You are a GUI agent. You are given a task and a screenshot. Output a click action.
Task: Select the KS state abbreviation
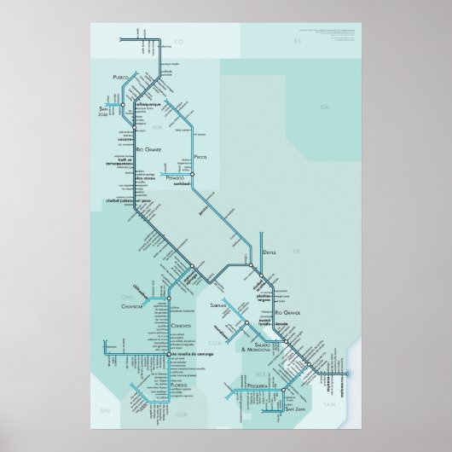298,41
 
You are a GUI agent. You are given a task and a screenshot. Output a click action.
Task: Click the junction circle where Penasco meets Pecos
193,175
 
